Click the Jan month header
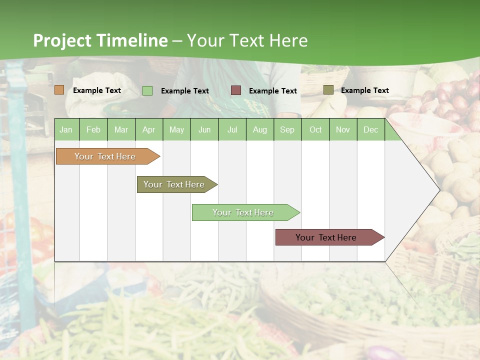pos(66,129)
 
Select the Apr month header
pos(148,129)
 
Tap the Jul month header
pos(232,129)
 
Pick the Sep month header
pos(287,129)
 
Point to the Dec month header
pos(370,129)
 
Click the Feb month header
pos(93,129)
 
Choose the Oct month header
pos(315,129)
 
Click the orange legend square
pos(59,90)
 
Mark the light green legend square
pos(147,90)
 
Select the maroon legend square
pos(236,90)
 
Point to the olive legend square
pos(328,90)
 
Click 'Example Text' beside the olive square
pos(364,90)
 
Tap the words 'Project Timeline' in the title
pos(100,40)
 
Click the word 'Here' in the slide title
pos(288,40)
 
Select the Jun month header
pos(204,129)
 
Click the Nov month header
pos(342,129)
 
